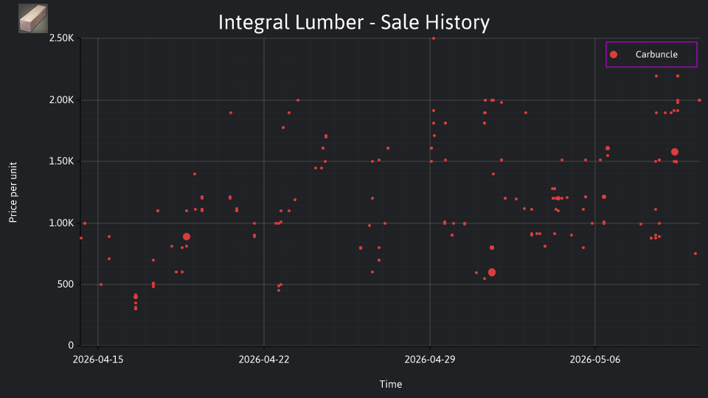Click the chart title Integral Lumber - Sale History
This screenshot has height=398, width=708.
[x=353, y=23]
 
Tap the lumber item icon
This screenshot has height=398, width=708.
[x=33, y=18]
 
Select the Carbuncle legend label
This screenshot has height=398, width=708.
[x=656, y=55]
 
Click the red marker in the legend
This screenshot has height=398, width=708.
[x=613, y=55]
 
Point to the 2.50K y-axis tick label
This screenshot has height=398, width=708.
[x=61, y=38]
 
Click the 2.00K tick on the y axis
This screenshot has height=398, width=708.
[x=61, y=100]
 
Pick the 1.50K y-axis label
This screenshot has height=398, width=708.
[x=61, y=161]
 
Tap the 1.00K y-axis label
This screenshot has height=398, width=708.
[x=61, y=223]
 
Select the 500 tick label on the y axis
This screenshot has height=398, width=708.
[x=66, y=284]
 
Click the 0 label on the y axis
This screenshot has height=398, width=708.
[x=71, y=346]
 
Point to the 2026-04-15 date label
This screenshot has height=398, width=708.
[x=98, y=360]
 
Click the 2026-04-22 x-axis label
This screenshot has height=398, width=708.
[x=264, y=360]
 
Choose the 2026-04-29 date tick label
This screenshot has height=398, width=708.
[x=430, y=360]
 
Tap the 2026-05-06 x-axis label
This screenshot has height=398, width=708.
[x=595, y=360]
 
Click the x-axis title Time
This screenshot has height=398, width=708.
[x=391, y=385]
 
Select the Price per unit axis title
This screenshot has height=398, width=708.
[x=13, y=192]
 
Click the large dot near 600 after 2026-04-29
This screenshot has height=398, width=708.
[x=492, y=273]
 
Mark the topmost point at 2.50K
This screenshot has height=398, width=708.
[x=434, y=38]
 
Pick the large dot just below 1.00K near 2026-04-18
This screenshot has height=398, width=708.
[x=187, y=237]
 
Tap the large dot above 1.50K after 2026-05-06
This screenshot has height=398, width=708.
[x=675, y=152]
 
